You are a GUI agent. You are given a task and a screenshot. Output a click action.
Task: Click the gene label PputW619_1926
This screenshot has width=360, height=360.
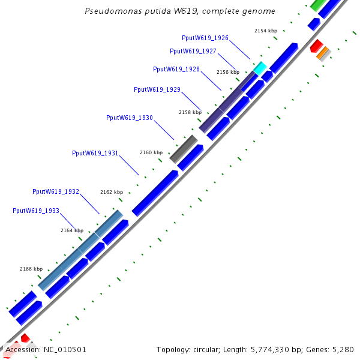[205, 38]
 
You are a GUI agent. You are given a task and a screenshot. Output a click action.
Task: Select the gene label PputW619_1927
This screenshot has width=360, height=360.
[193, 52]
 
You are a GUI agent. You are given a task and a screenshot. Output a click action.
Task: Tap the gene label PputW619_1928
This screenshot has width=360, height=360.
[176, 70]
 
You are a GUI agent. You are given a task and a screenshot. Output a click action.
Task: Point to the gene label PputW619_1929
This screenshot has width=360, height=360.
[157, 90]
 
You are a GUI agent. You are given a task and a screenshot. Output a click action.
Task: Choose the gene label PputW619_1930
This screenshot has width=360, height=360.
[129, 118]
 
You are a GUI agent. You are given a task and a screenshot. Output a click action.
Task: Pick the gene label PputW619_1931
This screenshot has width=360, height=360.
[95, 154]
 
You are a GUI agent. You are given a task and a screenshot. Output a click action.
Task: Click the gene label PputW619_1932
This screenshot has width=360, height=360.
[55, 192]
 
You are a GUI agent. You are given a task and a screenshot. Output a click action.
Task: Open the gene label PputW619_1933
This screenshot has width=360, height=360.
[35, 211]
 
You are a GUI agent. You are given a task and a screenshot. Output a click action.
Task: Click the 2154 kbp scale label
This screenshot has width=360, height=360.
[266, 31]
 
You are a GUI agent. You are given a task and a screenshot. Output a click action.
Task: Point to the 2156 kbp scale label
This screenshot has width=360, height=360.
[228, 72]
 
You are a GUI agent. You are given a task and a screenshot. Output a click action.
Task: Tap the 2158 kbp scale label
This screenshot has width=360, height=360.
[190, 112]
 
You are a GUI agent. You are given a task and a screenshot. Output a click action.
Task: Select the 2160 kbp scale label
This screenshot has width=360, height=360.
[151, 152]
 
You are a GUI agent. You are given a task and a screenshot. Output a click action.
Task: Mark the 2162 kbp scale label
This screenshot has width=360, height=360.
[112, 192]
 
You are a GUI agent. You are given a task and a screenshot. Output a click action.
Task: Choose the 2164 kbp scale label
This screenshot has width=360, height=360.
[72, 230]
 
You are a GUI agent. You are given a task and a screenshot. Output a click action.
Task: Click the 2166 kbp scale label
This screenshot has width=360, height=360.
[31, 269]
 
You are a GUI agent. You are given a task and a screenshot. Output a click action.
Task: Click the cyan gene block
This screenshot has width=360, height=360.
[259, 68]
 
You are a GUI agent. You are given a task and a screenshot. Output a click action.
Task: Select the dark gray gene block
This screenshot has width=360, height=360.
[184, 149]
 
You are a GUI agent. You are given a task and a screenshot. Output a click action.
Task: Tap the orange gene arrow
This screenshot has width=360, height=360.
[323, 53]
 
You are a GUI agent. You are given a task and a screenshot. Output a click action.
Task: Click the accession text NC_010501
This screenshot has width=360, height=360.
[63, 350]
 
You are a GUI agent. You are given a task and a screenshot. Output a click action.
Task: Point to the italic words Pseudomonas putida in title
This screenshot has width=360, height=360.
[122, 11]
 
